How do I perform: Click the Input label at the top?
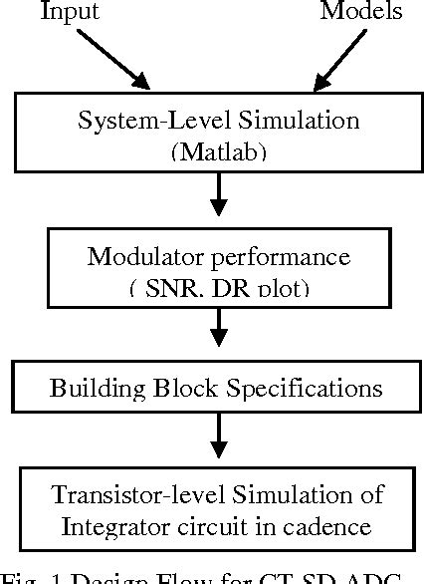[70, 12]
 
